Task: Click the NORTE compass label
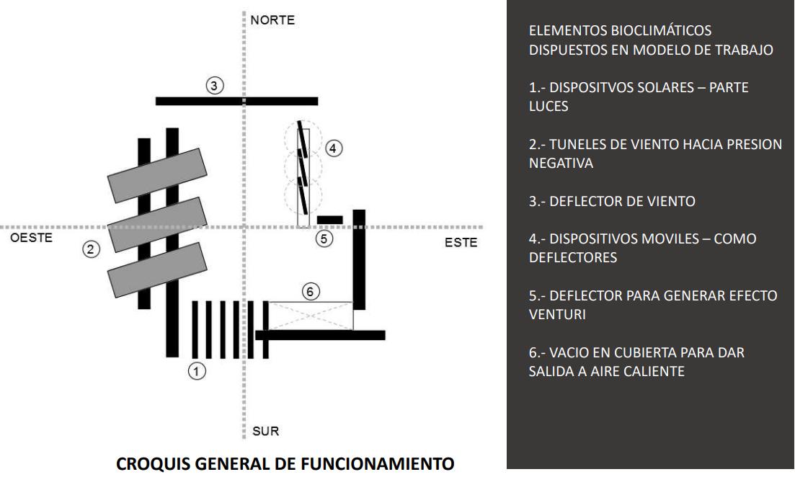point(272,20)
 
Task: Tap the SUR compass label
point(265,432)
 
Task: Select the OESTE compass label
point(31,239)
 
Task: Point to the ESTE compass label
point(461,243)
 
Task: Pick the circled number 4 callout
point(332,148)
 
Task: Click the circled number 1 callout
point(197,371)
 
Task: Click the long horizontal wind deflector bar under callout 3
point(236,101)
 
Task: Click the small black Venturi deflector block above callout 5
point(329,219)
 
